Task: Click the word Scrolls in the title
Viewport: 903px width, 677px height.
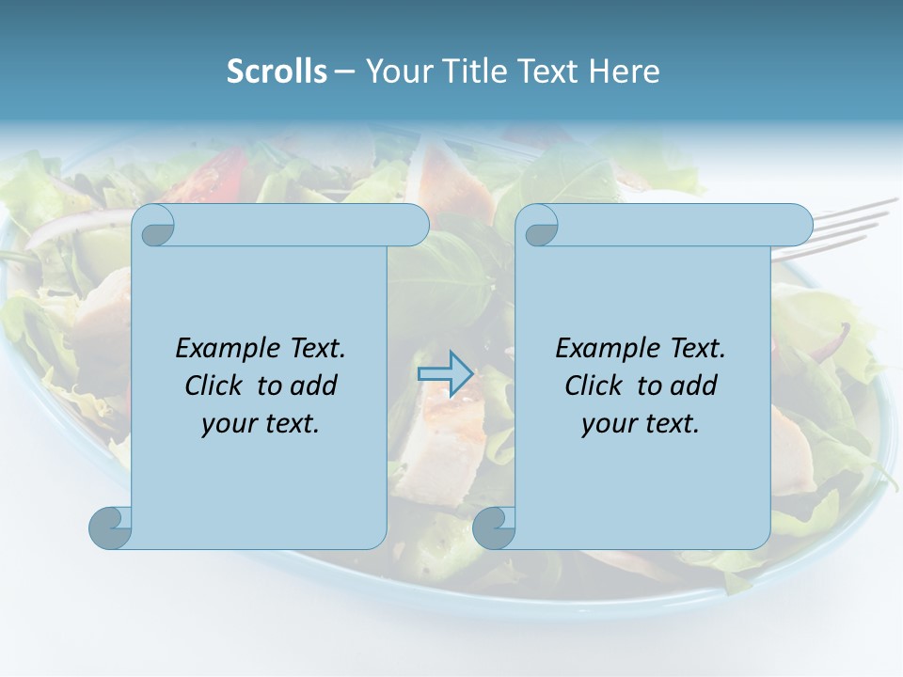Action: click(277, 71)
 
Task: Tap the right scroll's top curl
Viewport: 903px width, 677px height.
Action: click(540, 227)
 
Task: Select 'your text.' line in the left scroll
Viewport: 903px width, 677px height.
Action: click(261, 423)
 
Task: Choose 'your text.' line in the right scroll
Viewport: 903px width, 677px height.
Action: click(641, 423)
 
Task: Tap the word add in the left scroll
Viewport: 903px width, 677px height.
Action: click(313, 386)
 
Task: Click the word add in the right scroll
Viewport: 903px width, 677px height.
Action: click(693, 386)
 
